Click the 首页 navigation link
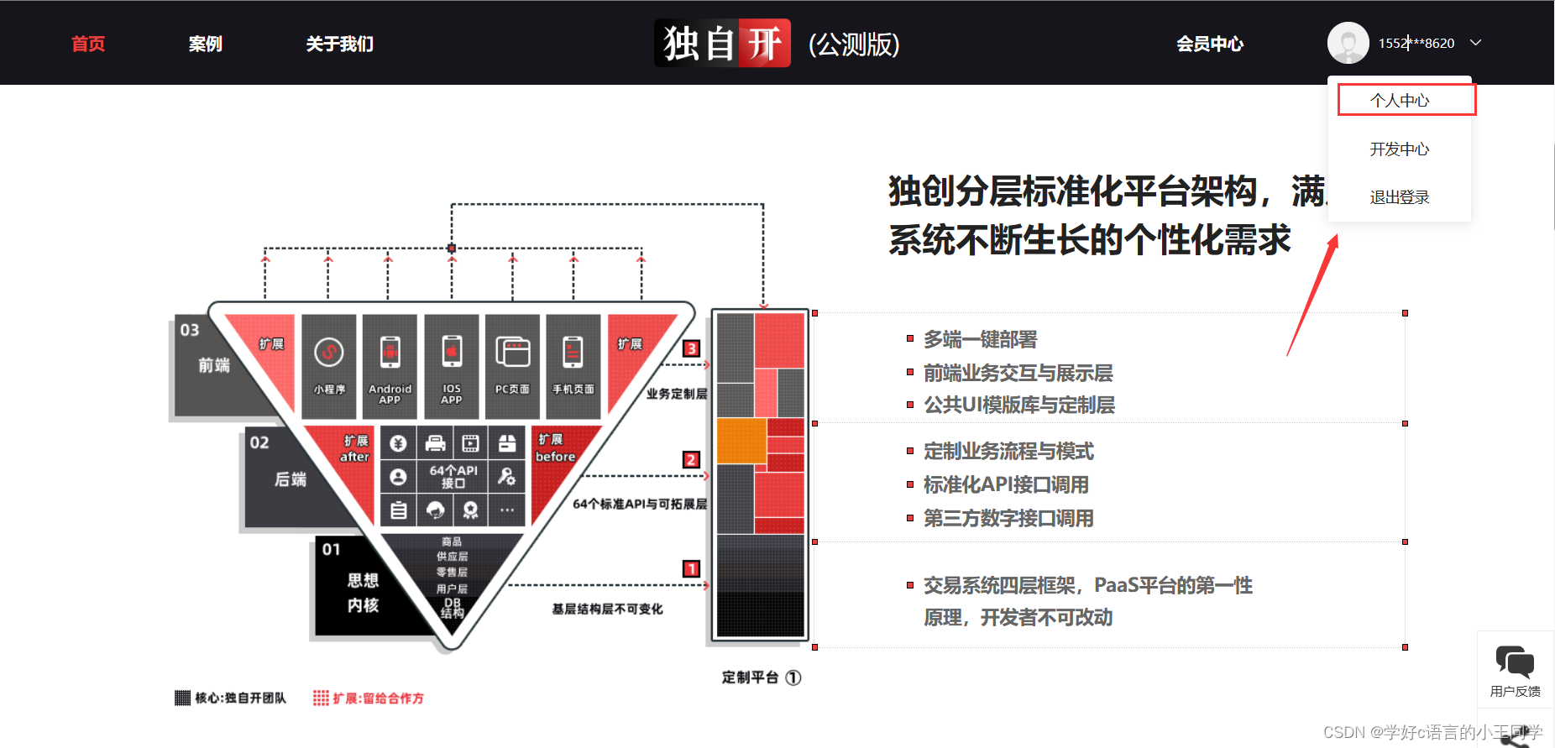(x=88, y=44)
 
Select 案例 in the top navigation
(x=205, y=44)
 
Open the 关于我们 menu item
(x=339, y=44)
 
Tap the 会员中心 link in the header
(x=1209, y=44)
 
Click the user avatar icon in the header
(x=1348, y=43)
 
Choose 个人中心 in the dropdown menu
(x=1400, y=101)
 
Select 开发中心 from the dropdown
(x=1400, y=149)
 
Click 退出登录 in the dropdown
(x=1400, y=197)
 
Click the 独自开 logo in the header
(x=722, y=43)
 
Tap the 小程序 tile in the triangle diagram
(x=329, y=366)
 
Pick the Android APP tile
(x=390, y=366)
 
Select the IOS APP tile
(x=452, y=366)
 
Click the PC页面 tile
(x=512, y=366)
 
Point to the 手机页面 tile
(x=573, y=366)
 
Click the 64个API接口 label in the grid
(x=453, y=476)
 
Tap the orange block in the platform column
(x=741, y=441)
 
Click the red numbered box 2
(x=691, y=459)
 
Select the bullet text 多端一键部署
(x=980, y=339)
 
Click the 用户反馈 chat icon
(x=1515, y=664)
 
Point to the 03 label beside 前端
(x=190, y=330)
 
